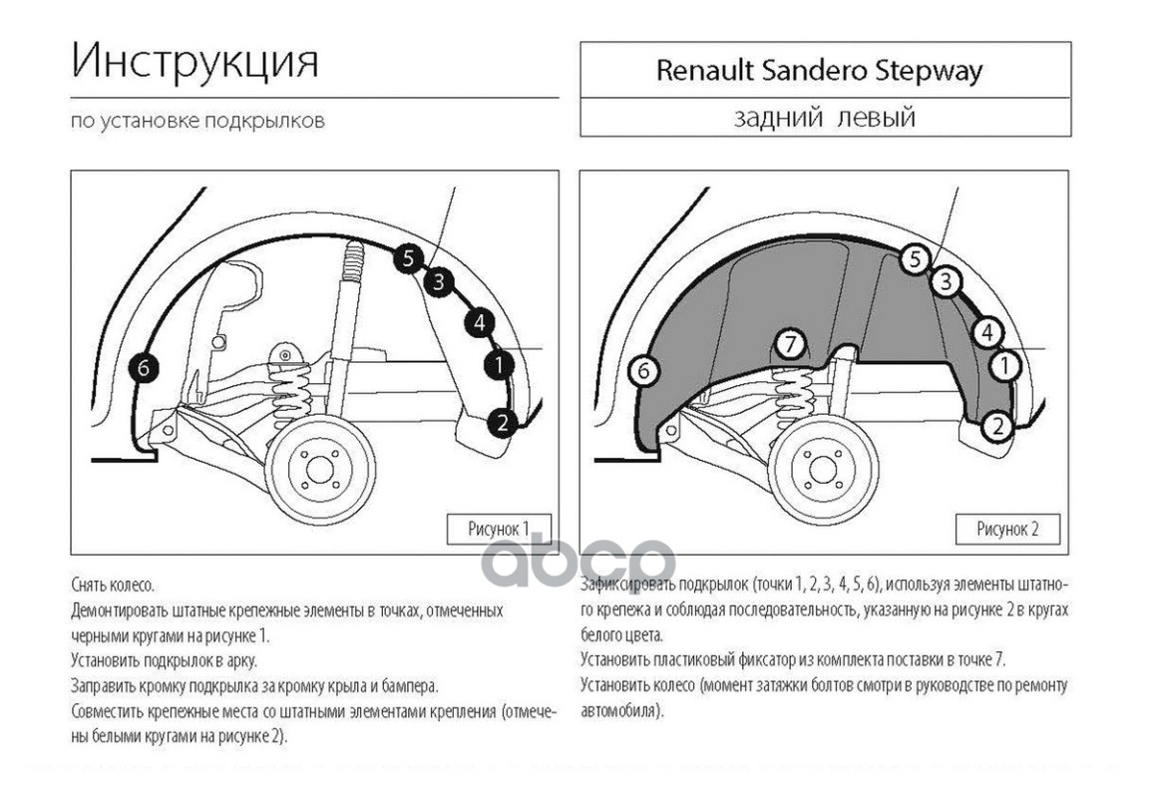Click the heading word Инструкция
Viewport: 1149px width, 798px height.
[x=194, y=62]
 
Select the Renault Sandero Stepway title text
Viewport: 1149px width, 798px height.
[x=819, y=71]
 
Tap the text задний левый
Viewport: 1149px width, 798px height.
[x=825, y=118]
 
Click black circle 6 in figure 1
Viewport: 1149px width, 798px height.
[x=143, y=368]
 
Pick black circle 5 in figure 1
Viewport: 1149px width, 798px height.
[x=407, y=258]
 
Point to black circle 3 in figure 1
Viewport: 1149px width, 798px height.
[x=438, y=281]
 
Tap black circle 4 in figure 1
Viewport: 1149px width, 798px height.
[x=479, y=322]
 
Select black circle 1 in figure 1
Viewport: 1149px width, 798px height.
[x=499, y=364]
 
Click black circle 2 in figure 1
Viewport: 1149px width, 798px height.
[x=502, y=422]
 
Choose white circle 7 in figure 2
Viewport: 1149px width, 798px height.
[x=790, y=344]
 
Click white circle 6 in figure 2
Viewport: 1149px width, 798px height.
[x=643, y=371]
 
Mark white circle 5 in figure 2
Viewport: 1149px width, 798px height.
[x=915, y=258]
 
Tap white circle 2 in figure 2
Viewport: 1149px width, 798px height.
[x=997, y=426]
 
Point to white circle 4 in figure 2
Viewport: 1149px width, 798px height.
[x=987, y=333]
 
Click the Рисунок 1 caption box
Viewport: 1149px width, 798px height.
[x=499, y=529]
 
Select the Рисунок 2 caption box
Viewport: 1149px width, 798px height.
[x=1007, y=529]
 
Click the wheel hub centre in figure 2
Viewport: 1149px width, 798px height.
[x=822, y=470]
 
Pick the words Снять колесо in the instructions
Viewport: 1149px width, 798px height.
[x=113, y=585]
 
